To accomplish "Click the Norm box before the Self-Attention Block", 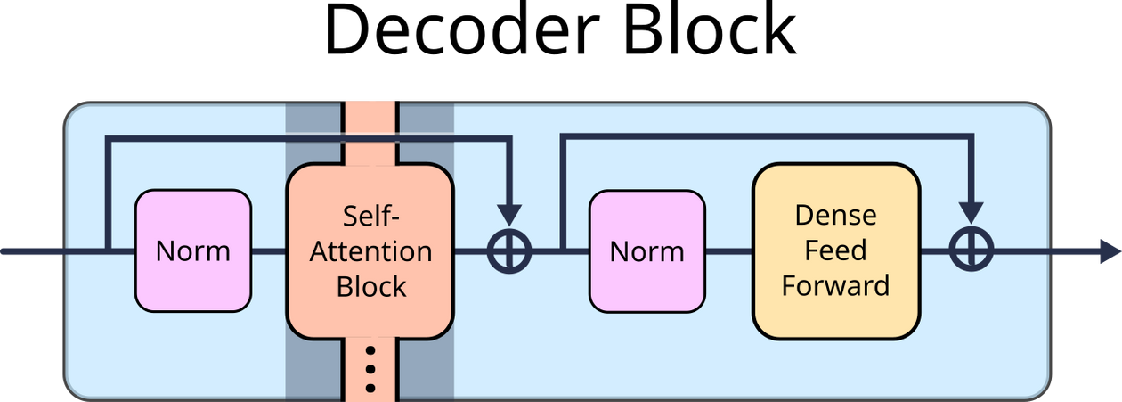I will pyautogui.click(x=193, y=251).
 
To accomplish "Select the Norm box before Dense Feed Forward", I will pyautogui.click(x=647, y=251).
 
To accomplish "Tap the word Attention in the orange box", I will pyautogui.click(x=370, y=251).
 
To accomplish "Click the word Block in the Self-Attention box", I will pyautogui.click(x=370, y=286).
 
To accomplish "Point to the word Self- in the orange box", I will pyautogui.click(x=370, y=216).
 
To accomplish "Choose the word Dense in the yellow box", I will pyautogui.click(x=835, y=216).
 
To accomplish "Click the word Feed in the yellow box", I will pyautogui.click(x=835, y=250).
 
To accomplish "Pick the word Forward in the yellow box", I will pyautogui.click(x=835, y=285).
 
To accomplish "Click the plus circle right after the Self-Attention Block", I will pyautogui.click(x=509, y=251).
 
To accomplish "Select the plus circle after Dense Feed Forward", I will pyautogui.click(x=971, y=251).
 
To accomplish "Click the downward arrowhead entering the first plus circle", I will pyautogui.click(x=509, y=215).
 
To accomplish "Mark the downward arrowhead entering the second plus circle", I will pyautogui.click(x=971, y=213).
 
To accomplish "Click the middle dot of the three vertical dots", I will pyautogui.click(x=370, y=368).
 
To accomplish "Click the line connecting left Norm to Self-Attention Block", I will pyautogui.click(x=268, y=251).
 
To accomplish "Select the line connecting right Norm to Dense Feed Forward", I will pyautogui.click(x=728, y=251).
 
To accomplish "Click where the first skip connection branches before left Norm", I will pyautogui.click(x=107, y=251).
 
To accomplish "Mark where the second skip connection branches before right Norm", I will pyautogui.click(x=562, y=251).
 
